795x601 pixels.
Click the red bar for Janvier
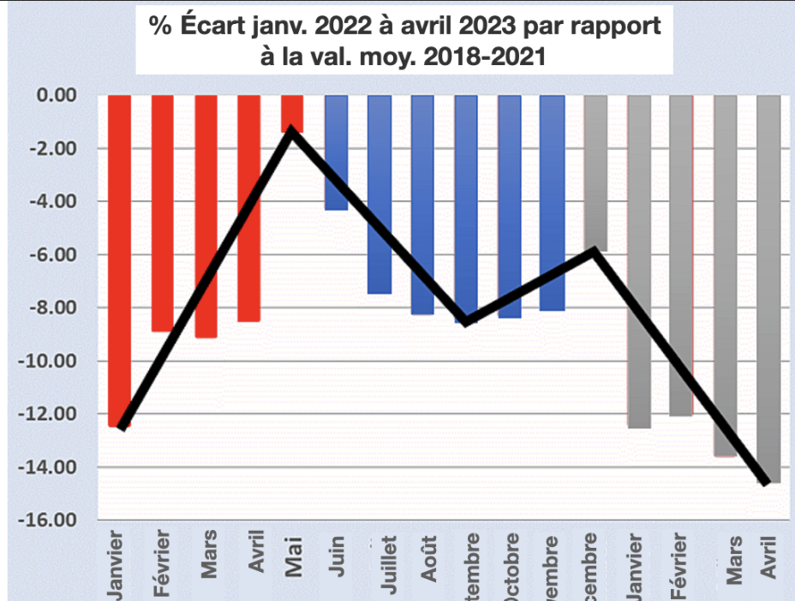pyautogui.click(x=119, y=257)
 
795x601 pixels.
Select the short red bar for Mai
pyautogui.click(x=292, y=111)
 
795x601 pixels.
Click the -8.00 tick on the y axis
pyautogui.click(x=53, y=308)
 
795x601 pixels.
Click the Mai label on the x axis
pyautogui.click(x=294, y=556)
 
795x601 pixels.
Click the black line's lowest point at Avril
pyautogui.click(x=765, y=482)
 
